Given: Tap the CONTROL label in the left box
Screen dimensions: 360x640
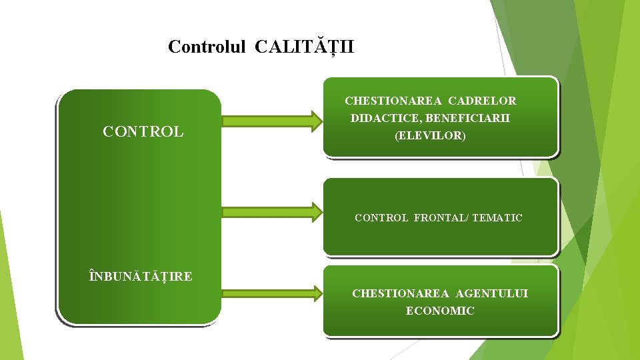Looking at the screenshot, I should pos(143,132).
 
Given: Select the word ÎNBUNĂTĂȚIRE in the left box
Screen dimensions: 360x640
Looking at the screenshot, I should pos(141,276).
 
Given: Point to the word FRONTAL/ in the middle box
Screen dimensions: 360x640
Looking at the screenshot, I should pos(441,218).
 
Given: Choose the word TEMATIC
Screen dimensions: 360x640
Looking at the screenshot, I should pos(497,218).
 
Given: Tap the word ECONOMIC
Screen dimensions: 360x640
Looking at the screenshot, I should pos(440,311).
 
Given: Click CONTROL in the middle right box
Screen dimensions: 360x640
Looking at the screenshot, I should pos(381,218).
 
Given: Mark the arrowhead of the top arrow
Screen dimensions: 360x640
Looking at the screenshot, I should pos(313,121).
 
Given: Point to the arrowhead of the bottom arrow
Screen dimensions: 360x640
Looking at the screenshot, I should pos(313,292).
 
